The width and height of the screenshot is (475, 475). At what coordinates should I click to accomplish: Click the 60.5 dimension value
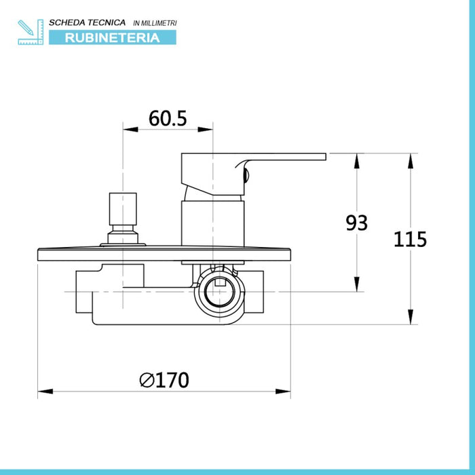point(168,118)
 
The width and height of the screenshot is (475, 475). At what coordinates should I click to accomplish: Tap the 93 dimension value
point(356,223)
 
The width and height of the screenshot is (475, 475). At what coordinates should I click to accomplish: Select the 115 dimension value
point(410,239)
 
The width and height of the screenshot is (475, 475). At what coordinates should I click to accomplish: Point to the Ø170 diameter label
point(164,380)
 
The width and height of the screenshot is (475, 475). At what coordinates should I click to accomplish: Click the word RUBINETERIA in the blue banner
point(113,38)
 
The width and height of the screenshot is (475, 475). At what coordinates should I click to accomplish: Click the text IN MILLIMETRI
point(155,23)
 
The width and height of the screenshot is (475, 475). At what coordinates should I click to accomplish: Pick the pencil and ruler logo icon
point(31,32)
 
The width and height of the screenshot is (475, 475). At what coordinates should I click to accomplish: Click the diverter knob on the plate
point(123,218)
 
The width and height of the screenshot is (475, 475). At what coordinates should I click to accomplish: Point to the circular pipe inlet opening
point(220,291)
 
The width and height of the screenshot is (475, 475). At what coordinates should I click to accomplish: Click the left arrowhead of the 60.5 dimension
point(130,130)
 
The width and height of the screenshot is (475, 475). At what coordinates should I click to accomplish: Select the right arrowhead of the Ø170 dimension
point(283,392)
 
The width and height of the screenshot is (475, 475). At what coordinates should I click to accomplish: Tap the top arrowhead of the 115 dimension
point(411,161)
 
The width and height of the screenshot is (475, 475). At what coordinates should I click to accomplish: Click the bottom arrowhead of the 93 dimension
point(357,284)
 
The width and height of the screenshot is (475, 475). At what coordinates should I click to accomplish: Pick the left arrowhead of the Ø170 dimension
point(45,392)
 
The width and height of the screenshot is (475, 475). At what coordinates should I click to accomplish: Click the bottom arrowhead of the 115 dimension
point(411,317)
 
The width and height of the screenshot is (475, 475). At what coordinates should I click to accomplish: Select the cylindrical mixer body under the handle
point(212,223)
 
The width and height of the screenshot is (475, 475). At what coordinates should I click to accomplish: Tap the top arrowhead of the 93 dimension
point(357,161)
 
